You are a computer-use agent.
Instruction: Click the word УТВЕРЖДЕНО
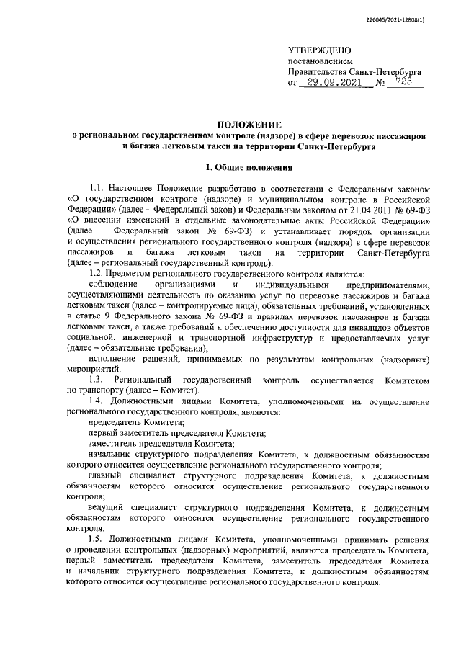coord(319,50)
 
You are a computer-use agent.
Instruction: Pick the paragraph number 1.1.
coord(98,189)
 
